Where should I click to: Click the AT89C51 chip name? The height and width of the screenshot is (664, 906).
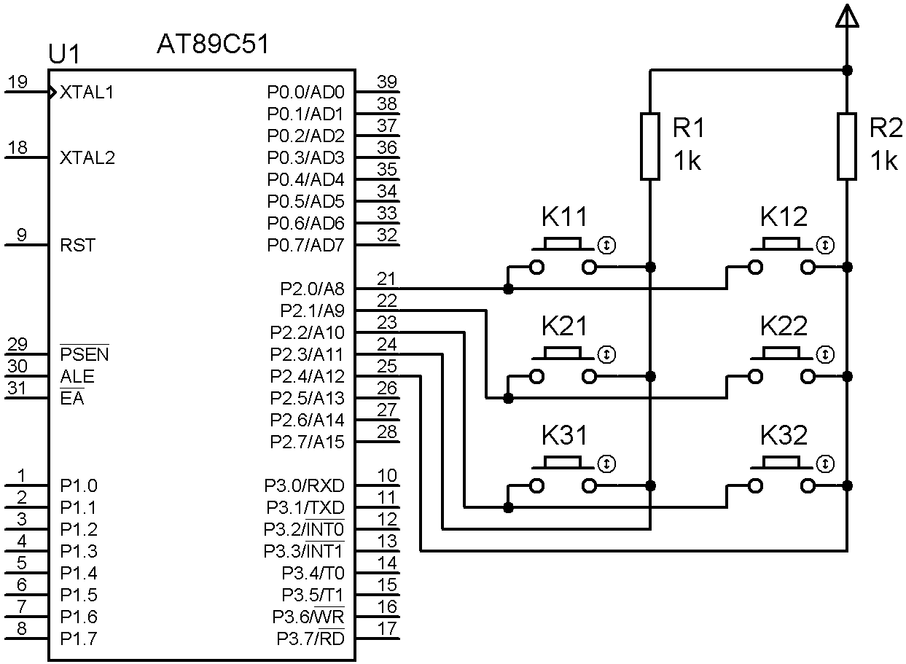[213, 45]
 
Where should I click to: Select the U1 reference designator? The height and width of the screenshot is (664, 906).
[63, 54]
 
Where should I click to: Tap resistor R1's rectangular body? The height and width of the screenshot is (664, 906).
[650, 146]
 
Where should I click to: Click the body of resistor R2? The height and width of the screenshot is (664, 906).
[847, 146]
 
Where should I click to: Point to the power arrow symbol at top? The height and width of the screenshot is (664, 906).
[847, 16]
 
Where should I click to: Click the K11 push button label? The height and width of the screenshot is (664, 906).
[564, 216]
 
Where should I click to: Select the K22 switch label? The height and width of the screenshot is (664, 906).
[784, 327]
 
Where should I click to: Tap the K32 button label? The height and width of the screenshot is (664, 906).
[784, 436]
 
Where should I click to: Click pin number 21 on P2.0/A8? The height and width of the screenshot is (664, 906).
[387, 278]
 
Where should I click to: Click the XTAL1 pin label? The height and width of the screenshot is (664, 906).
[87, 93]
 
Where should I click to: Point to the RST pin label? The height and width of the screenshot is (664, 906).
[77, 246]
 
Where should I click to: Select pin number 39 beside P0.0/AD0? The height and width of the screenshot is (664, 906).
[387, 82]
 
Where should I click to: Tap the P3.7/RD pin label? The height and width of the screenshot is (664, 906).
[310, 639]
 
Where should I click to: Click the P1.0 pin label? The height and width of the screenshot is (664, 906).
[78, 486]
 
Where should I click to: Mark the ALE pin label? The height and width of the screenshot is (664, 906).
[77, 377]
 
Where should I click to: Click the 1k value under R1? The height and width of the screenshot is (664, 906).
[687, 161]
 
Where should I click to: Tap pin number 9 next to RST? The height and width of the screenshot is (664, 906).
[22, 235]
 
